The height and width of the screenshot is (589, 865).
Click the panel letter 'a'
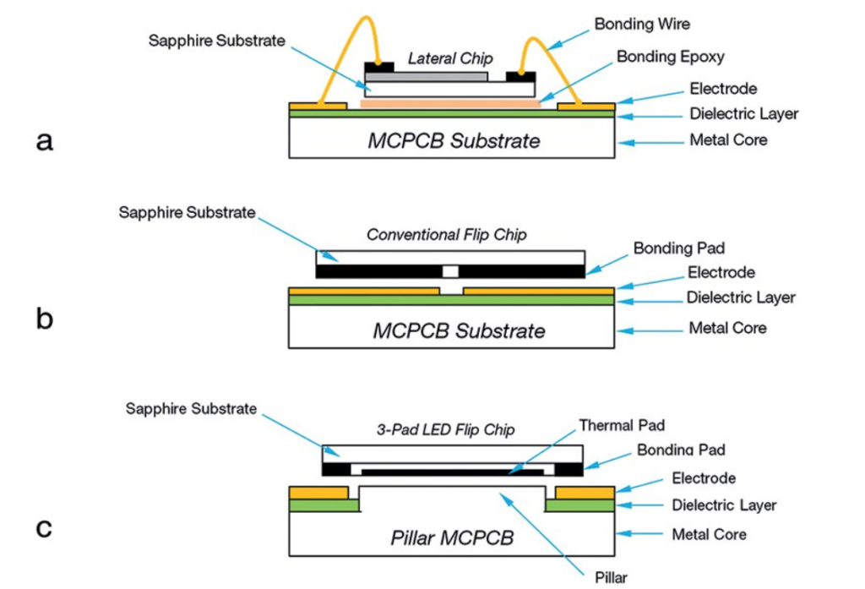click(x=44, y=141)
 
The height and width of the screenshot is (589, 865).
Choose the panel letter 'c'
click(x=44, y=528)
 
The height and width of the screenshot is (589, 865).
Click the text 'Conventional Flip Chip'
click(x=446, y=235)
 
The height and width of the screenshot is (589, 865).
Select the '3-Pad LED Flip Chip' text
click(x=446, y=429)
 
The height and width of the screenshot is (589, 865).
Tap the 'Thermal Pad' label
click(x=622, y=424)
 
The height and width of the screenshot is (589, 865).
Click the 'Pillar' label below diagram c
click(x=609, y=578)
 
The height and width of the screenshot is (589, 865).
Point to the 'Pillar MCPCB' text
click(x=452, y=537)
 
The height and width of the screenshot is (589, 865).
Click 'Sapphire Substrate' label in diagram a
click(x=217, y=41)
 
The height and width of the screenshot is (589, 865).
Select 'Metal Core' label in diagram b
click(x=727, y=327)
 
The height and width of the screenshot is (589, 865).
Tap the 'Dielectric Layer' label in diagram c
click(x=724, y=505)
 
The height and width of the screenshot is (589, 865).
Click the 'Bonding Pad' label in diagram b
click(x=678, y=248)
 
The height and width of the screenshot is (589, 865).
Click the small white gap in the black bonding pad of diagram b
click(x=450, y=271)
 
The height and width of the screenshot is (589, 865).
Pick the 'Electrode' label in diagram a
click(x=722, y=89)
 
